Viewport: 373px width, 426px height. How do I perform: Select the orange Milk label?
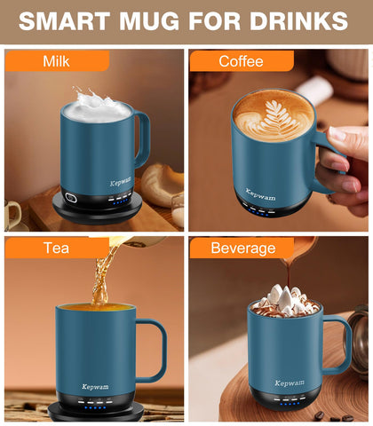tap(57, 61)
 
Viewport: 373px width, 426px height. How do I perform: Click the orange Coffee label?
tap(242, 61)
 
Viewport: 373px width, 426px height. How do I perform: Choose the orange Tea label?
tap(56, 248)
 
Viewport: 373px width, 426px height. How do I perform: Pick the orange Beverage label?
tap(241, 248)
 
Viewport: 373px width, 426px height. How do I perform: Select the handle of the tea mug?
tap(154, 351)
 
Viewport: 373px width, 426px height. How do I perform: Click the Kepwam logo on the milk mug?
tap(121, 183)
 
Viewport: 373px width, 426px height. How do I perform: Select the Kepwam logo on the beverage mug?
tap(289, 383)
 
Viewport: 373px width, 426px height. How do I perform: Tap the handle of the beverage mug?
tap(339, 342)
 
